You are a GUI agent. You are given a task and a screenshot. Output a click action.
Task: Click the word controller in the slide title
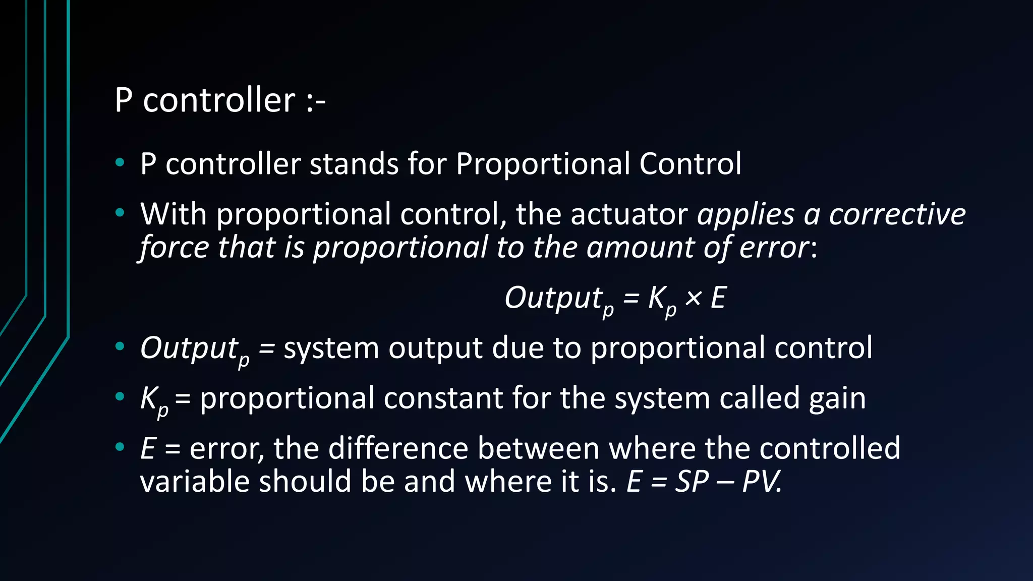[x=219, y=100]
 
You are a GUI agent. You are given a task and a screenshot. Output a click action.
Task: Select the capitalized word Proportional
[x=543, y=165]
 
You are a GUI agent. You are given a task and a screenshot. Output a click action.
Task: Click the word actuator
[x=628, y=214]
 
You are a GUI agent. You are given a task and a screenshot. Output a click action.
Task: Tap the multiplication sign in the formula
[x=694, y=298]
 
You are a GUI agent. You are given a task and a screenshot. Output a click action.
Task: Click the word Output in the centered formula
[x=553, y=298]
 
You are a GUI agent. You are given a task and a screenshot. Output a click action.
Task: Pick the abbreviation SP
[x=692, y=481]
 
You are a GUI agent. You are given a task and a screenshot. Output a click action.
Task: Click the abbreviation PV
[x=761, y=481]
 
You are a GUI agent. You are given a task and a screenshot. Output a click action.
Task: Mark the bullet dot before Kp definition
[x=120, y=397]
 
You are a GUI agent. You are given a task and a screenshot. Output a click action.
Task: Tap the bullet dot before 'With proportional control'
[x=120, y=213]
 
